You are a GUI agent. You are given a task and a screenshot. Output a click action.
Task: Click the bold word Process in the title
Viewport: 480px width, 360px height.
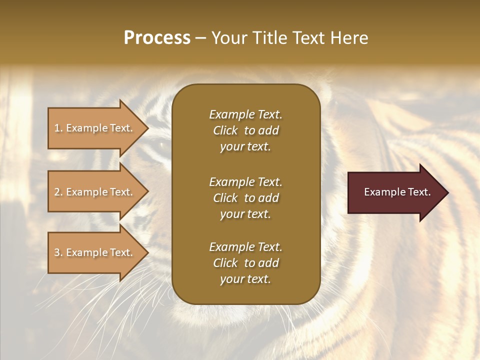(157, 38)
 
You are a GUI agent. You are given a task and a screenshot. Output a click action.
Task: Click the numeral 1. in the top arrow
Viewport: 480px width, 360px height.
(58, 128)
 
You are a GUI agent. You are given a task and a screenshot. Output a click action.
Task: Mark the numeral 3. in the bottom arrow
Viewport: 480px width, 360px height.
(58, 253)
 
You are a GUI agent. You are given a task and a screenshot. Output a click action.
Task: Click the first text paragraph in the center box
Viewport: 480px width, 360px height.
(245, 130)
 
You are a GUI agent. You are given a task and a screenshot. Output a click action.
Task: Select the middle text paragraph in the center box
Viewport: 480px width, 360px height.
(245, 197)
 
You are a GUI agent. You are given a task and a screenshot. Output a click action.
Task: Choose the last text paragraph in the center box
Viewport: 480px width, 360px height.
(245, 263)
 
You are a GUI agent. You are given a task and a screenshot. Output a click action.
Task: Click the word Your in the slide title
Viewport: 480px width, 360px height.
(228, 38)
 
